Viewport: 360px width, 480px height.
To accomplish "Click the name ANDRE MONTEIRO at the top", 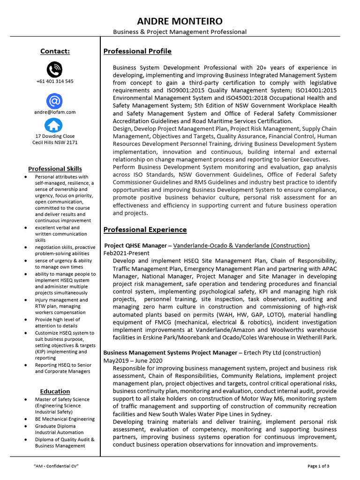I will pyautogui.click(x=180, y=22).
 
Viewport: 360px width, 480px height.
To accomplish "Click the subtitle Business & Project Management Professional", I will pyautogui.click(x=180, y=32).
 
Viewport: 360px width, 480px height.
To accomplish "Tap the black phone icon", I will pyautogui.click(x=54, y=70).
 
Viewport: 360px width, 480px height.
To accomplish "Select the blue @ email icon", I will pyautogui.click(x=54, y=101).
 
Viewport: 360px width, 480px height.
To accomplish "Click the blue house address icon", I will pyautogui.click(x=54, y=125).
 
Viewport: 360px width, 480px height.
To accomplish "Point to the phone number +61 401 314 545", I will pyautogui.click(x=55, y=81).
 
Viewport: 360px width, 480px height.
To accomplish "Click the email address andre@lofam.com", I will pyautogui.click(x=55, y=112).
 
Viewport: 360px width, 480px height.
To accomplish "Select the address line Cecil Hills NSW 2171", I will pyautogui.click(x=55, y=142).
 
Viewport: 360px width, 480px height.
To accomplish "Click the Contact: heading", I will pyautogui.click(x=55, y=52).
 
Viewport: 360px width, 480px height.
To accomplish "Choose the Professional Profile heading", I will pyautogui.click(x=137, y=52).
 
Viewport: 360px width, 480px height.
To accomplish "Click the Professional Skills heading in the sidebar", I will pyautogui.click(x=55, y=169).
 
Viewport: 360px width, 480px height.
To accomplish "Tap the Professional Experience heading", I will pyautogui.click(x=145, y=230).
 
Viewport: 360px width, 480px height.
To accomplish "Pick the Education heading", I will pyautogui.click(x=55, y=391).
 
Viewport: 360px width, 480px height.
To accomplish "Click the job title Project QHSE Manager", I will pyautogui.click(x=135, y=246).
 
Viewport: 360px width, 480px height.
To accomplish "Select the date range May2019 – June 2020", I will pyautogui.click(x=133, y=360).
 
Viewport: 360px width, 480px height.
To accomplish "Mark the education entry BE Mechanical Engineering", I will pyautogui.click(x=65, y=419).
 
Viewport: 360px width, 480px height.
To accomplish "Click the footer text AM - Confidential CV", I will pyautogui.click(x=56, y=466).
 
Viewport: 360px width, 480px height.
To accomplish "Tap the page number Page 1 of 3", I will pyautogui.click(x=318, y=466).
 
